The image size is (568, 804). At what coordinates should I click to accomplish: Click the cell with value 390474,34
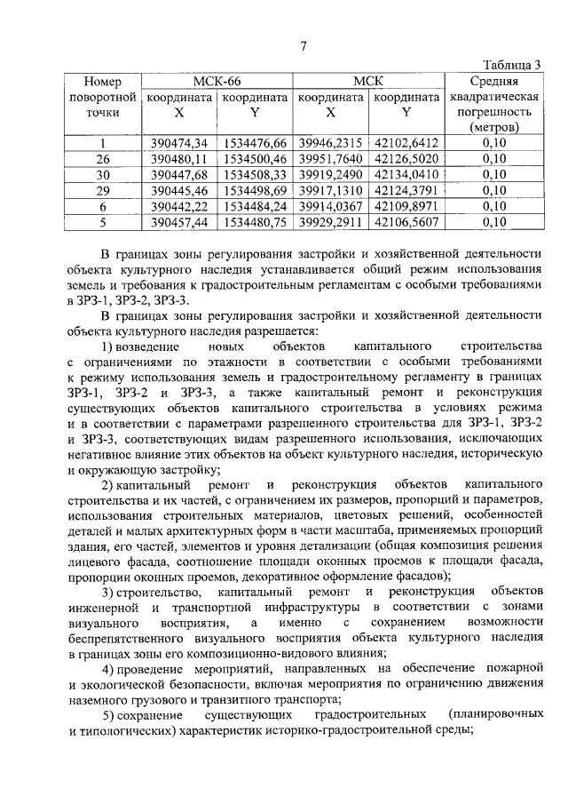click(x=179, y=142)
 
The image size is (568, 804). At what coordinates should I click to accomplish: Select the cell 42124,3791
click(x=406, y=190)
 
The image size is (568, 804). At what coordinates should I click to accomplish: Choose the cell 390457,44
click(x=179, y=221)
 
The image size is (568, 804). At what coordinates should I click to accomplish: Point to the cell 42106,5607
click(x=406, y=221)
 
